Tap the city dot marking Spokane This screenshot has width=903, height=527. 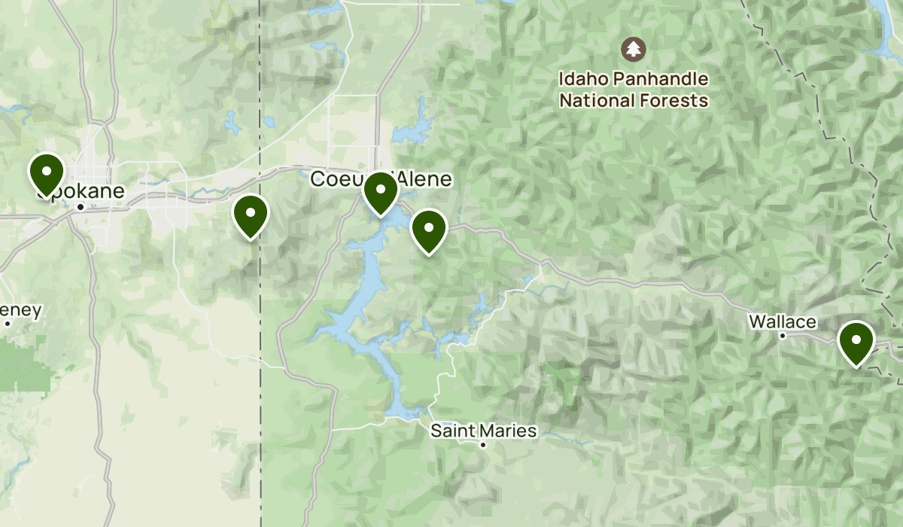81,206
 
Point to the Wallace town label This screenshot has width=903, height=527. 782,322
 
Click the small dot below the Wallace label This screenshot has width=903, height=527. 783,336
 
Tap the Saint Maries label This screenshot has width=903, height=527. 483,431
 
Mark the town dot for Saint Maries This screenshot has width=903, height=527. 484,445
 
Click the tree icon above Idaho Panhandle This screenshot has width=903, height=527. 634,50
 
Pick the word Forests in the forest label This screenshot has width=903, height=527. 676,100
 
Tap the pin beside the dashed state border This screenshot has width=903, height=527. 251,214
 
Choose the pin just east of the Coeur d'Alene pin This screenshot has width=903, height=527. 429,229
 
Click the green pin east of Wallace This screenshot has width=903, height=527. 856,340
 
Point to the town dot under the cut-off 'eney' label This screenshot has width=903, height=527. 8,324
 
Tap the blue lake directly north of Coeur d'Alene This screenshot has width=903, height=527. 412,128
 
